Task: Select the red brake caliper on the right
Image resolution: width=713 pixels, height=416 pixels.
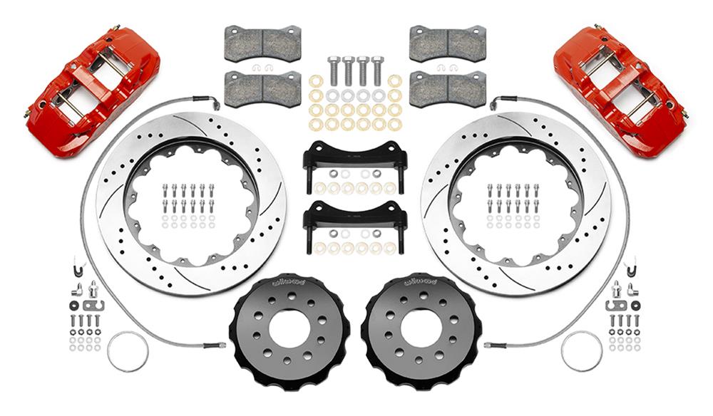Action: [620, 89]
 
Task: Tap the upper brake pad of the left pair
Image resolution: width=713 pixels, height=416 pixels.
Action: [262, 44]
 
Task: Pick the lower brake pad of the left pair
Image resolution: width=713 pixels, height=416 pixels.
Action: [262, 88]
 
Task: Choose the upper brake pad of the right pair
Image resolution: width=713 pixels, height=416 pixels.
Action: [447, 43]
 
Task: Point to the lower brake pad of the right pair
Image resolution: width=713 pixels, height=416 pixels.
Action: [447, 88]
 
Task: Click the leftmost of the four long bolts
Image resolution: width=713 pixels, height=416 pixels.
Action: [333, 71]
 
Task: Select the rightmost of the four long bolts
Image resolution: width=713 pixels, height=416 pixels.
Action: [377, 71]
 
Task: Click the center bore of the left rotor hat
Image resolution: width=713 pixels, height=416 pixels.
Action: [289, 329]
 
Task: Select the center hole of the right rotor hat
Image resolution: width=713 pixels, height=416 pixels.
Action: [421, 329]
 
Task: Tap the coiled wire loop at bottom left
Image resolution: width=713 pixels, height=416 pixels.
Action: [128, 350]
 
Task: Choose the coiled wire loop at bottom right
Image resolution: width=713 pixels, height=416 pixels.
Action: [581, 350]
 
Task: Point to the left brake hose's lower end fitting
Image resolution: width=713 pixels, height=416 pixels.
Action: [214, 345]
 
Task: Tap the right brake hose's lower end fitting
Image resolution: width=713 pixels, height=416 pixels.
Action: [496, 345]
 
